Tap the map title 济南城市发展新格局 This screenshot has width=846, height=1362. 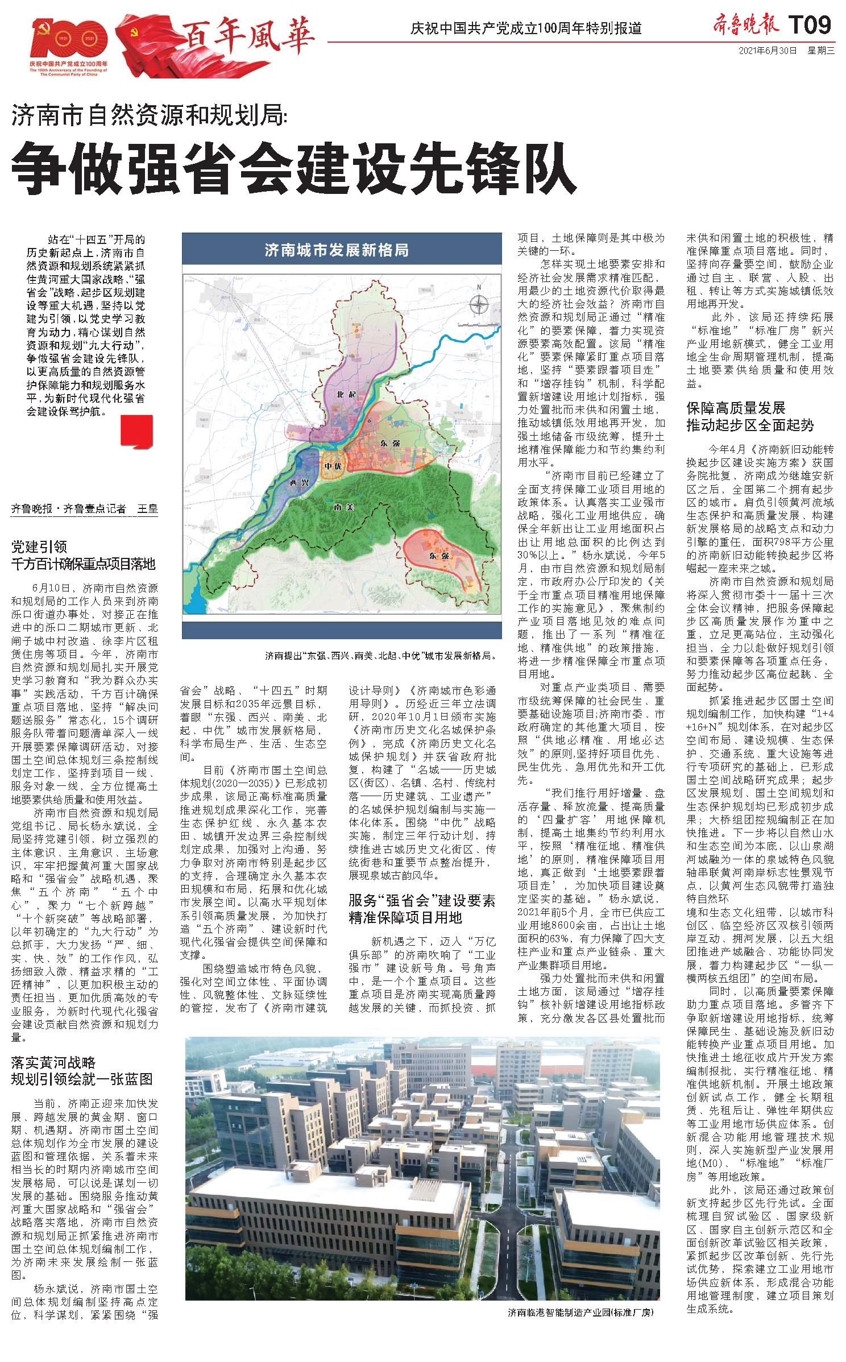337,250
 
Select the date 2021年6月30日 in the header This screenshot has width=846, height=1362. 768,50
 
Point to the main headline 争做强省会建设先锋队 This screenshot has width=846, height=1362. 294,169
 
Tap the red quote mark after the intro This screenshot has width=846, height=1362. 136,430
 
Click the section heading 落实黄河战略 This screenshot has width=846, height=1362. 53,1062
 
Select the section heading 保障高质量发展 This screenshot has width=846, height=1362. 736,408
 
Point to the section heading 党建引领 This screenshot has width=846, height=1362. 39,547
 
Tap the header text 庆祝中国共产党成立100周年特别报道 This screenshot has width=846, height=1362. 526,28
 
